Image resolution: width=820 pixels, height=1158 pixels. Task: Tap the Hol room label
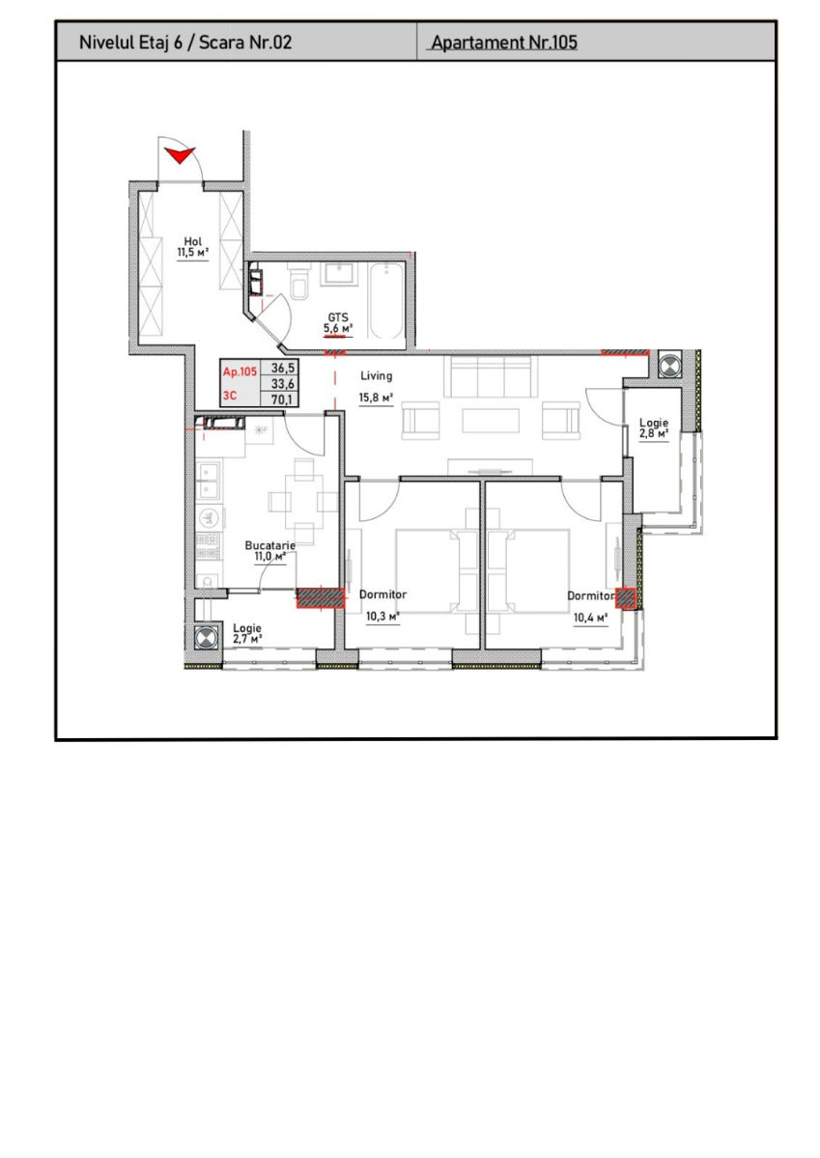(193, 241)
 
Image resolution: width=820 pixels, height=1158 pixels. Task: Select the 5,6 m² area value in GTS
(338, 328)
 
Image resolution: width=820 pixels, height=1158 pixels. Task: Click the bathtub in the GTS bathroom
(387, 301)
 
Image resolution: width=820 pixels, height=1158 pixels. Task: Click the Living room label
(376, 375)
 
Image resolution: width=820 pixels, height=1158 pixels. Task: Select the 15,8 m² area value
(376, 398)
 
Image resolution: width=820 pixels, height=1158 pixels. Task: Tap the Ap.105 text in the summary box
(240, 372)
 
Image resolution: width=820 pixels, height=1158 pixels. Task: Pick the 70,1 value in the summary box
(282, 400)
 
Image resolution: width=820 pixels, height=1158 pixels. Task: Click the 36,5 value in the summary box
(282, 368)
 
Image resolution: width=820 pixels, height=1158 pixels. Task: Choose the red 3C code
(230, 396)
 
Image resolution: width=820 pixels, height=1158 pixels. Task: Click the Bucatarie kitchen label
(270, 545)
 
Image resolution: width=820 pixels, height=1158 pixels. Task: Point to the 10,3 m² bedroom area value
(382, 617)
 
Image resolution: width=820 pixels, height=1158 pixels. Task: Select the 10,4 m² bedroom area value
(590, 618)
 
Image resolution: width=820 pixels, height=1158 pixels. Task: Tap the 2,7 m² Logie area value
(247, 640)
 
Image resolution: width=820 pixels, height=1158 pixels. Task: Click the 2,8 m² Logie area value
(654, 433)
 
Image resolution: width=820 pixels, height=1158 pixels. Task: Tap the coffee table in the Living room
(491, 421)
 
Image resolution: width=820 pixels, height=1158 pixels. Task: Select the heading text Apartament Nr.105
(504, 42)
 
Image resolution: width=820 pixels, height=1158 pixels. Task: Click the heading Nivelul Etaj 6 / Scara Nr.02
(185, 42)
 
